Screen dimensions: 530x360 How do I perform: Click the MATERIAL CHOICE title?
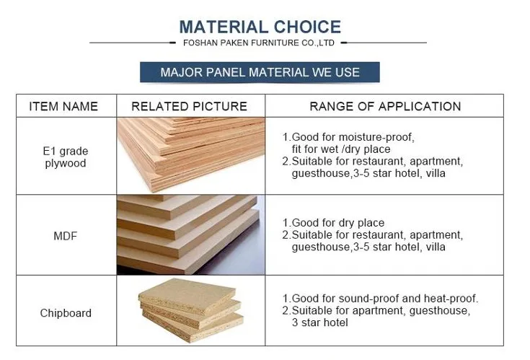260,27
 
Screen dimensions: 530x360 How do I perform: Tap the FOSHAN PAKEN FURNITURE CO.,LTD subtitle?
259,43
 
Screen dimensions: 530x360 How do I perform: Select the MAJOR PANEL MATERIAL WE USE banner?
260,72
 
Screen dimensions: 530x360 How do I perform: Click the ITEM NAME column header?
63,107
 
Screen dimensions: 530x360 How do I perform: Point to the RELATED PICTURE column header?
189,107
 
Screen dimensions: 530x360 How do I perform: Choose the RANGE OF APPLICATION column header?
385,107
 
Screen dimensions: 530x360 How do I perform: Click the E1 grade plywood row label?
66,157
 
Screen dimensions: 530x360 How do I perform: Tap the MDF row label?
65,236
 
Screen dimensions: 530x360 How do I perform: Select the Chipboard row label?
66,312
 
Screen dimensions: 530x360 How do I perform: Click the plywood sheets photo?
191,155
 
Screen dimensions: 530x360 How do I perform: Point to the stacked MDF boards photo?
191,234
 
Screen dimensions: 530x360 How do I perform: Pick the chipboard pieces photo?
191,310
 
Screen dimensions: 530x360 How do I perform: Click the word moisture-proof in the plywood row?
376,137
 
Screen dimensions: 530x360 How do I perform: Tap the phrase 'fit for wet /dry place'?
341,149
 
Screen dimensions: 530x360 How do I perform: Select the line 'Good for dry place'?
338,223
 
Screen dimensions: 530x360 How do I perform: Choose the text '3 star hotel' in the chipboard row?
319,322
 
